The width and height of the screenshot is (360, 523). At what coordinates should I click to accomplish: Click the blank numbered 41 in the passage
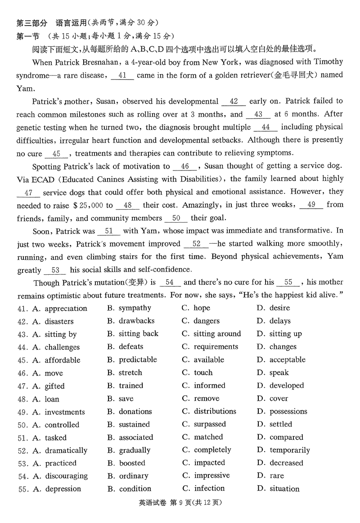click(122, 76)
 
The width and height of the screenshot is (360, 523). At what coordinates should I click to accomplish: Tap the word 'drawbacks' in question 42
click(136, 321)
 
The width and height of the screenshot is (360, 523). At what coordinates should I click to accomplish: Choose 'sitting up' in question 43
click(285, 334)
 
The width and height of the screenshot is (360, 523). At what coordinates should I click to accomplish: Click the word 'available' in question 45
click(209, 360)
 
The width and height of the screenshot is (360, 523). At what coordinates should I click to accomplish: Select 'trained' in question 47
click(131, 386)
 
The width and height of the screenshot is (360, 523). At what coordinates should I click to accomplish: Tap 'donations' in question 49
click(135, 411)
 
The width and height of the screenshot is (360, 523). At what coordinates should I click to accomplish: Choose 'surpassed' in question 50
click(210, 425)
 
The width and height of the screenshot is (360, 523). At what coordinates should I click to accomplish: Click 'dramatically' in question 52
click(66, 451)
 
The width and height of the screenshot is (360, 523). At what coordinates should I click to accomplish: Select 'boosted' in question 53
click(132, 463)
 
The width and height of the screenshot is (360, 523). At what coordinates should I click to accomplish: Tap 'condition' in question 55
click(135, 489)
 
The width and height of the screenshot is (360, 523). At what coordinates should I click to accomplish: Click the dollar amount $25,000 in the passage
click(87, 206)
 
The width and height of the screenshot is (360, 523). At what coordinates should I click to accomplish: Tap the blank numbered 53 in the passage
click(55, 270)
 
